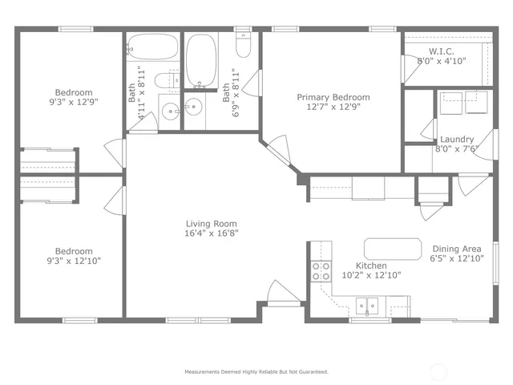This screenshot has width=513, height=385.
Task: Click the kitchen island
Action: pyautogui.click(x=393, y=249)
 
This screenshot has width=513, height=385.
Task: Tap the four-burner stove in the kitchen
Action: pyautogui.click(x=321, y=271)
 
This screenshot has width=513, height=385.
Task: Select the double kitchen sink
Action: pyautogui.click(x=369, y=306)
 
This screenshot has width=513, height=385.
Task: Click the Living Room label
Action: pyautogui.click(x=211, y=224)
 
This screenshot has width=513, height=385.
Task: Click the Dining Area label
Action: pyautogui.click(x=458, y=249)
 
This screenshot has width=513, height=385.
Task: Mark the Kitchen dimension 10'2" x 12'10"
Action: pyautogui.click(x=372, y=275)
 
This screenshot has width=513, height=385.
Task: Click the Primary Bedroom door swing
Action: pyautogui.click(x=278, y=148)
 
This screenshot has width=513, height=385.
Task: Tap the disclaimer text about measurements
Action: pyautogui.click(x=256, y=371)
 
